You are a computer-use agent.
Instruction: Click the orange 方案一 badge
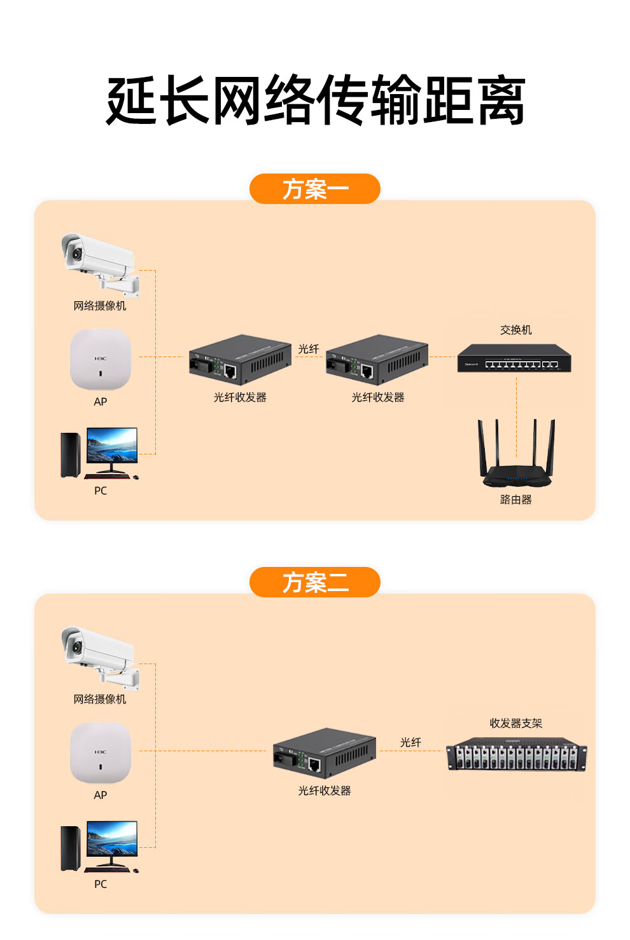coord(314,189)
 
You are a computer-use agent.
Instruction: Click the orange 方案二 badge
coord(314,582)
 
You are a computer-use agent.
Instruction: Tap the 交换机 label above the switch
coord(515,330)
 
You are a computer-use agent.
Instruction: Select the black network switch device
coord(514,358)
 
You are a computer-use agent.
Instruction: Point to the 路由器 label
coord(515,500)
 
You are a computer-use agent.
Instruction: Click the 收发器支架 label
coord(515,723)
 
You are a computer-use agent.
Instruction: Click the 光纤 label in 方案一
coord(309,349)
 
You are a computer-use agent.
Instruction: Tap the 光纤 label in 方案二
coord(410,742)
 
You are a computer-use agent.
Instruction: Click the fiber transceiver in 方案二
coord(324,753)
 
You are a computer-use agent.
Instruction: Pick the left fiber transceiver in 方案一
coord(239,359)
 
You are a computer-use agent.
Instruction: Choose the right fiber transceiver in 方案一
coord(377,359)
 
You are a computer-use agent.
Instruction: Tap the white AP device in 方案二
coord(100,753)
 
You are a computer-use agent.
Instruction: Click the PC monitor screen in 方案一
coord(112,445)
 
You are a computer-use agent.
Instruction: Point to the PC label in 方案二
coord(101,884)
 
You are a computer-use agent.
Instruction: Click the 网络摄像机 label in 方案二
coord(100,699)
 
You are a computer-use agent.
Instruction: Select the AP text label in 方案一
coord(101,402)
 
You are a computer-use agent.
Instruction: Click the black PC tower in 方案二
coord(70,848)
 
